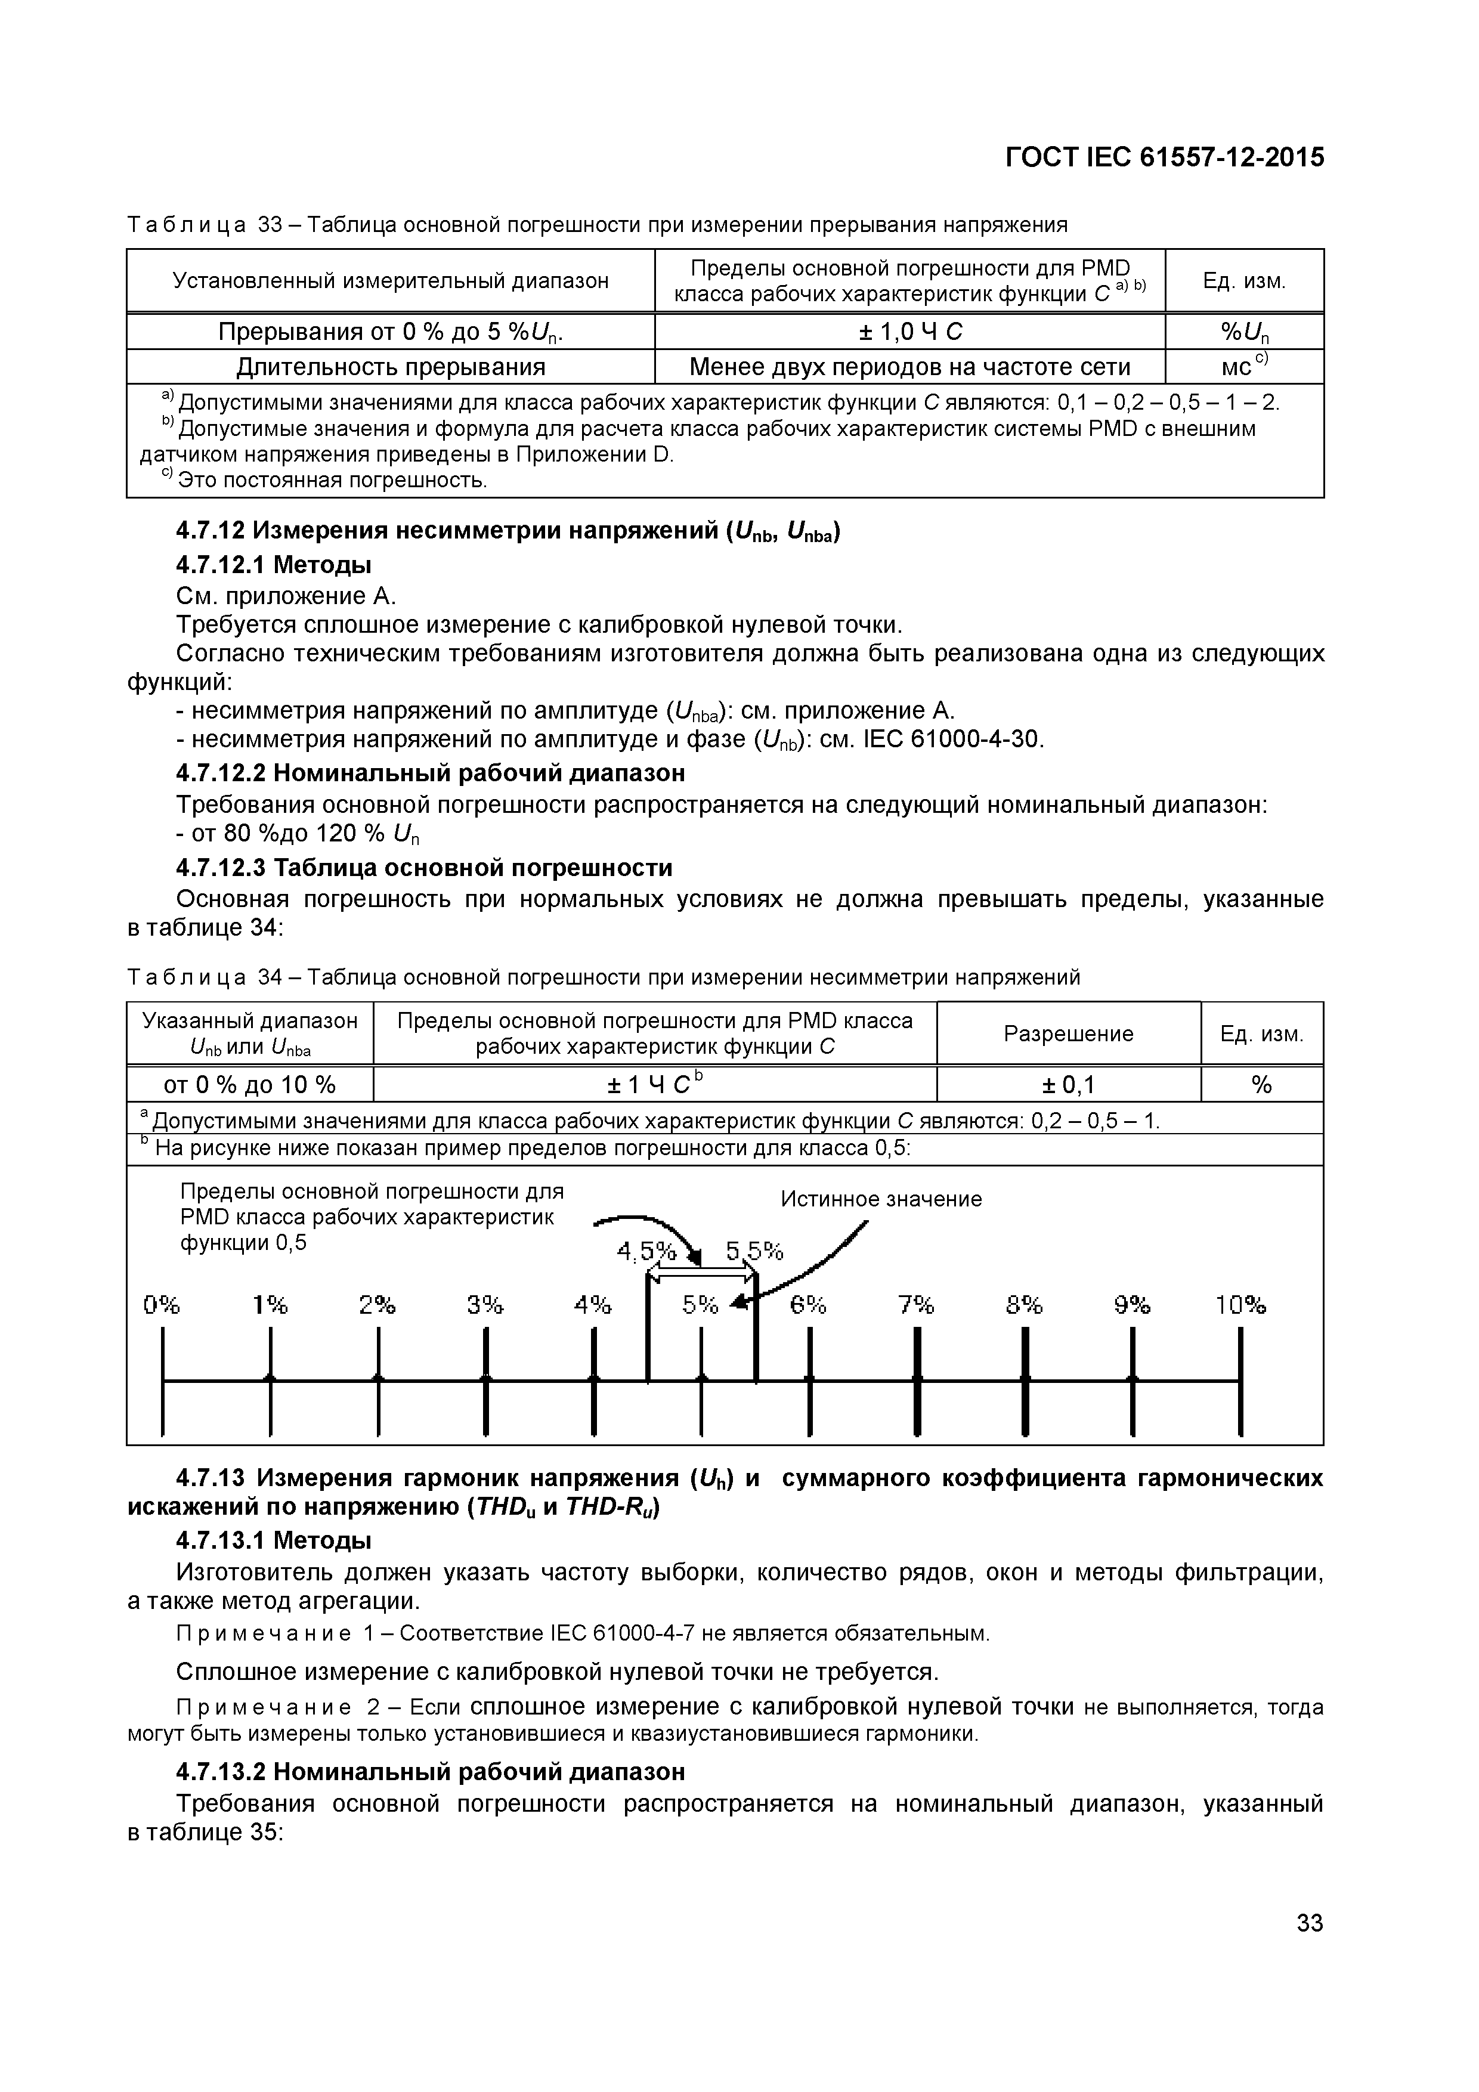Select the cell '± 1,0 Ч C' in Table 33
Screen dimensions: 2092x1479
click(x=909, y=332)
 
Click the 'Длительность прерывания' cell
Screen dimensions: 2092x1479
click(x=391, y=367)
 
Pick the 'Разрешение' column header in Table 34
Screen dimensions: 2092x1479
click(x=1068, y=1033)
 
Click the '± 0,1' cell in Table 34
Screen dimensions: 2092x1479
click(x=1068, y=1084)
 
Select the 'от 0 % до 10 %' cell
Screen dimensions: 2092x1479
click(x=250, y=1084)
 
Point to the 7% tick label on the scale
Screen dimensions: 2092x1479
click(x=916, y=1305)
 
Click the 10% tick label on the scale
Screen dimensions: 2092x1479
click(x=1240, y=1305)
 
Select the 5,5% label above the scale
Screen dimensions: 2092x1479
click(x=754, y=1251)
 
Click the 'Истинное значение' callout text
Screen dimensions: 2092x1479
click(x=881, y=1199)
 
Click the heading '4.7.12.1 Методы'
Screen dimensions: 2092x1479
click(x=273, y=565)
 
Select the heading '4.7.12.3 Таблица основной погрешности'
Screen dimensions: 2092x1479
click(x=424, y=868)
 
